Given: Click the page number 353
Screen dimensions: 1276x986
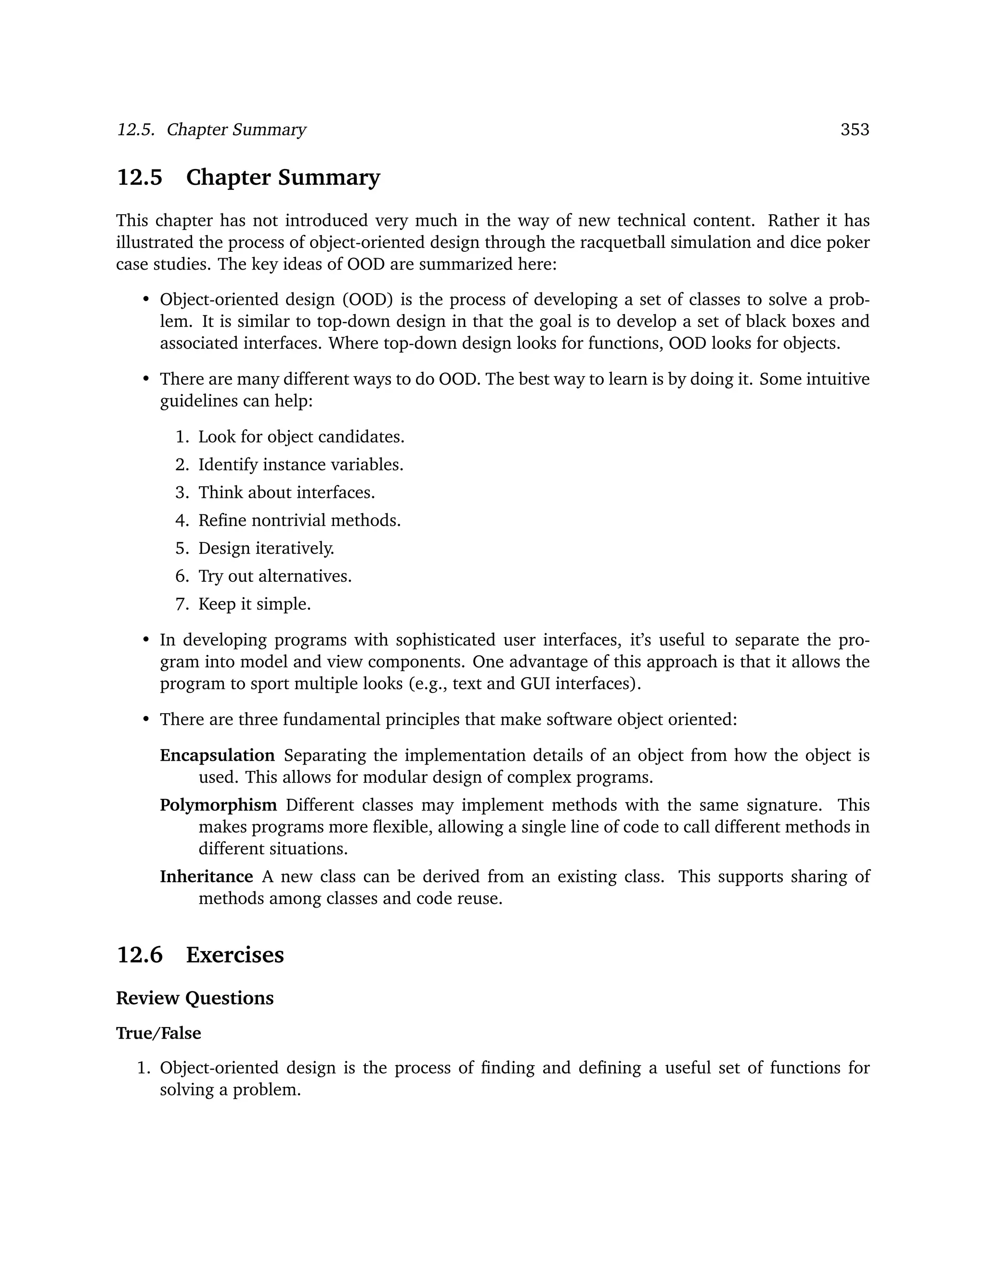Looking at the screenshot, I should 855,130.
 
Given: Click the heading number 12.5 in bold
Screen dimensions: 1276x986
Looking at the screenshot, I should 140,178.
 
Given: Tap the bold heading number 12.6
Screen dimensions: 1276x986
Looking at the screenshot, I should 140,955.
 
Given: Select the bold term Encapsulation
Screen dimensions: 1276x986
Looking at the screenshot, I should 217,755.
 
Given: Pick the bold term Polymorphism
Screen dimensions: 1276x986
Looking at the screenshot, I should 219,805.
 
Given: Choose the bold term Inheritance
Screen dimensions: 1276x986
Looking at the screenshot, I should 206,876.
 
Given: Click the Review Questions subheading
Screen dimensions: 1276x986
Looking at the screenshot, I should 195,998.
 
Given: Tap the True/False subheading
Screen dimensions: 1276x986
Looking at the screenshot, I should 158,1033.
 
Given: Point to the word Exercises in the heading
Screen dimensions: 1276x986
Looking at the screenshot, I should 235,955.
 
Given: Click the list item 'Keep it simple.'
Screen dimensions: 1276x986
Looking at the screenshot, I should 254,604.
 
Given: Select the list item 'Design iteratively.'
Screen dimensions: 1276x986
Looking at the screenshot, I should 266,548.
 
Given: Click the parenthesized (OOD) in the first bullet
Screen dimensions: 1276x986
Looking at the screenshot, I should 367,299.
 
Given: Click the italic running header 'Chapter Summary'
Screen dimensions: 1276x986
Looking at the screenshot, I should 236,130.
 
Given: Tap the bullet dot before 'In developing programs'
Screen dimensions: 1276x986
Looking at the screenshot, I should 146,640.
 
